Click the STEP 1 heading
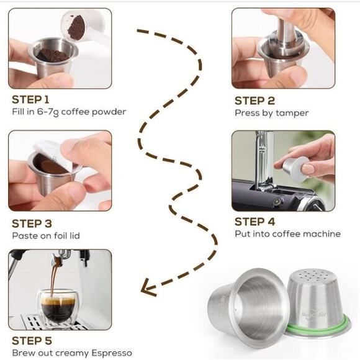click(31, 99)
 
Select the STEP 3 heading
click(31, 223)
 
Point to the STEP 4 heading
click(254, 221)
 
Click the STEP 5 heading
click(31, 340)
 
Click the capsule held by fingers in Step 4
click(294, 169)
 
